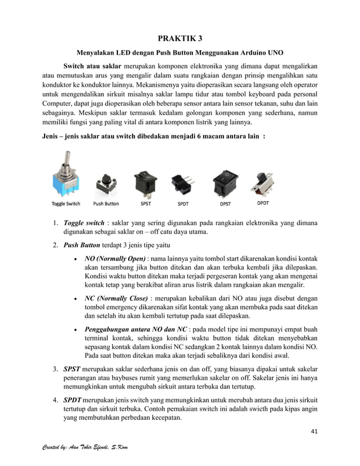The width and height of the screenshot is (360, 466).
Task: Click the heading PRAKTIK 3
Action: click(179, 39)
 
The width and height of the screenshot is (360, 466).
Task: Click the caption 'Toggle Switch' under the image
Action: click(66, 204)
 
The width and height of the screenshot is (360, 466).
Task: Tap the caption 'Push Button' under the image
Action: click(106, 204)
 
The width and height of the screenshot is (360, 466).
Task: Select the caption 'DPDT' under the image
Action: click(262, 203)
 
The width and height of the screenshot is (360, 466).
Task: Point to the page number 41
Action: click(314, 433)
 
